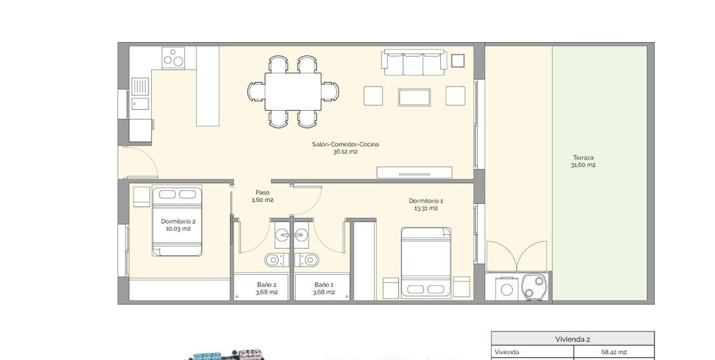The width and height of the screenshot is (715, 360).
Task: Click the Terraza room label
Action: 584,158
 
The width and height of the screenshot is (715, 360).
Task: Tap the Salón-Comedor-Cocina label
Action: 346,144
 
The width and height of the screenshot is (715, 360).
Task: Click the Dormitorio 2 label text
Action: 178,220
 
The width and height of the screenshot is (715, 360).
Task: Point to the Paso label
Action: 263,193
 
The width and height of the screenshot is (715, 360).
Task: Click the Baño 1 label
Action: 323,285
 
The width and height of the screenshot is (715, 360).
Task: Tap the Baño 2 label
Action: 266,285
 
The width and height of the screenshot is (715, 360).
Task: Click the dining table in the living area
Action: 293,92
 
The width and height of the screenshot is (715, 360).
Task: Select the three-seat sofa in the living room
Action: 413,63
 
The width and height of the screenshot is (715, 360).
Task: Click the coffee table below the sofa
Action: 415,96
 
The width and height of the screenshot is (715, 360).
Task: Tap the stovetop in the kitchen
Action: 173,58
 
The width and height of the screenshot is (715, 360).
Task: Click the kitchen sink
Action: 140,86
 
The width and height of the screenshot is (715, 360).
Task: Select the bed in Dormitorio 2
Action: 177,220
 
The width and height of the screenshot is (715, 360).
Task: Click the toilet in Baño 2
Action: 274,260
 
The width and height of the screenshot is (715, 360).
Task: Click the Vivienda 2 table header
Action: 573,339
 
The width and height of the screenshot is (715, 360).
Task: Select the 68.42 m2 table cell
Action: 614,352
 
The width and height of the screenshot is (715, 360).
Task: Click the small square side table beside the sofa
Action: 457,60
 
